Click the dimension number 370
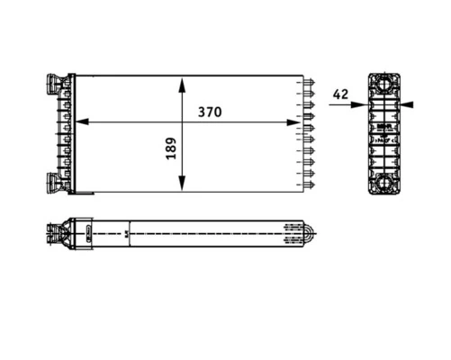[x=210, y=112]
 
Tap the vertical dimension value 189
[x=171, y=148]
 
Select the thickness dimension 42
[x=340, y=94]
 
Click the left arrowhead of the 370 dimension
[x=82, y=121]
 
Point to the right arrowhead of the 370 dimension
[x=293, y=122]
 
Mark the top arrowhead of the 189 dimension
[x=182, y=85]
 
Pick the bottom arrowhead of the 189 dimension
[x=182, y=184]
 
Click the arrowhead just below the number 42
[x=360, y=104]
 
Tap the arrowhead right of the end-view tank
[x=407, y=104]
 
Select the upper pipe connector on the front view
[x=55, y=84]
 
